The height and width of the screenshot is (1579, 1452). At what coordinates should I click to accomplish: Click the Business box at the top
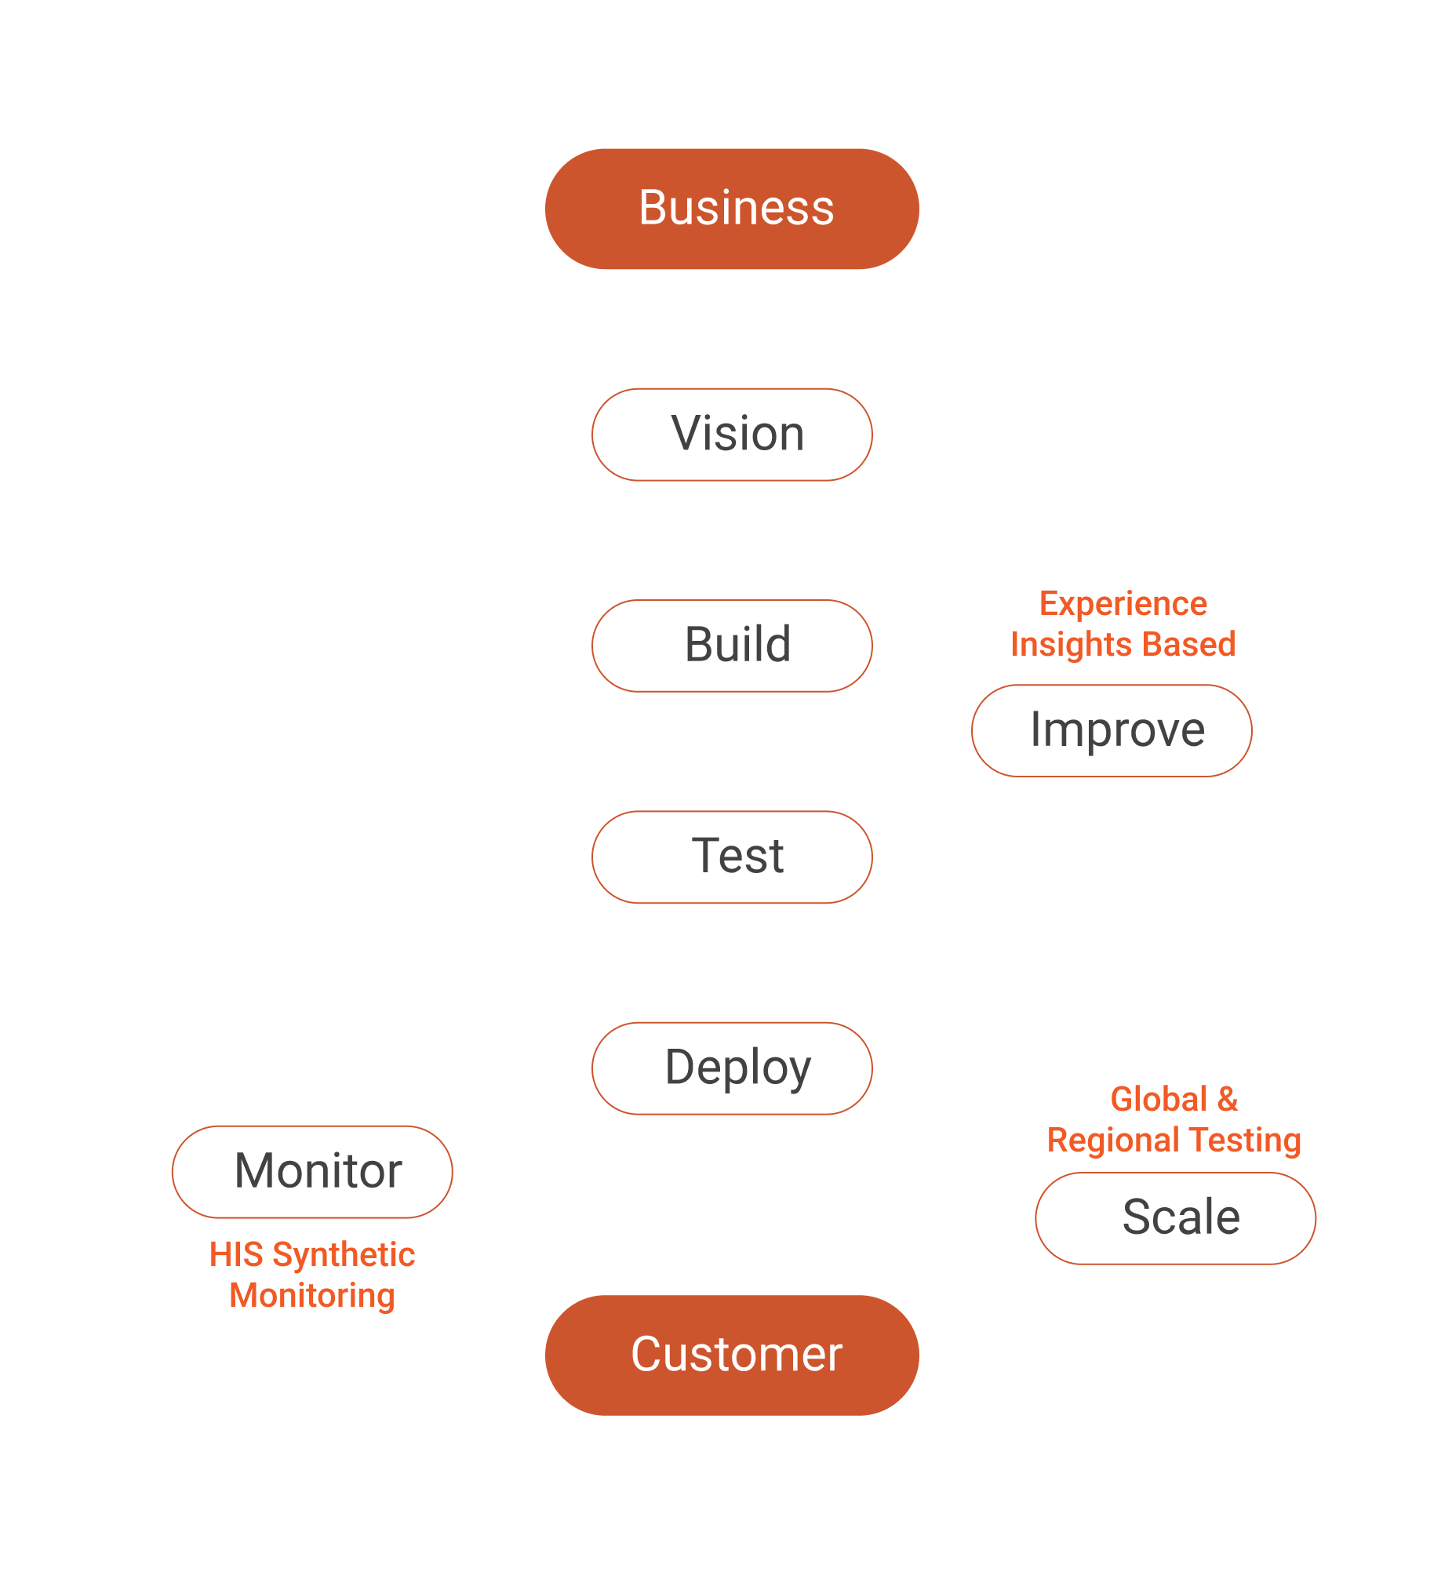pos(732,209)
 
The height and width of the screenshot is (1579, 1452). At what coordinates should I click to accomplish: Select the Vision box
pos(732,435)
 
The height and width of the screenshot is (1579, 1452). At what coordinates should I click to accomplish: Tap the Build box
pos(732,646)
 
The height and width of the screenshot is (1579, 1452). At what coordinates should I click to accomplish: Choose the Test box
pos(732,857)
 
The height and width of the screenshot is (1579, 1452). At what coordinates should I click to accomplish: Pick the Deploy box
pos(732,1068)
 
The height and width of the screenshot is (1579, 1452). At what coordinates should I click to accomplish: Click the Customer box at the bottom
pos(732,1355)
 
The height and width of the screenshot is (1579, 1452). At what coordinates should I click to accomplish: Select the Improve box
pos(1111,730)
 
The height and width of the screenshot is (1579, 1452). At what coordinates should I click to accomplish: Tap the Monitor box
pos(312,1172)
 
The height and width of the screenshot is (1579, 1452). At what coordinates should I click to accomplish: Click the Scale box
pos(1174,1218)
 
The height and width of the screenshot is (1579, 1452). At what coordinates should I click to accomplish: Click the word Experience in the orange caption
pos(1123,603)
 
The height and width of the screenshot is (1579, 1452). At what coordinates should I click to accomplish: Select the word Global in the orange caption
pos(1158,1099)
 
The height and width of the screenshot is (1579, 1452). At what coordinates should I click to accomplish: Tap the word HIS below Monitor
pos(235,1254)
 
